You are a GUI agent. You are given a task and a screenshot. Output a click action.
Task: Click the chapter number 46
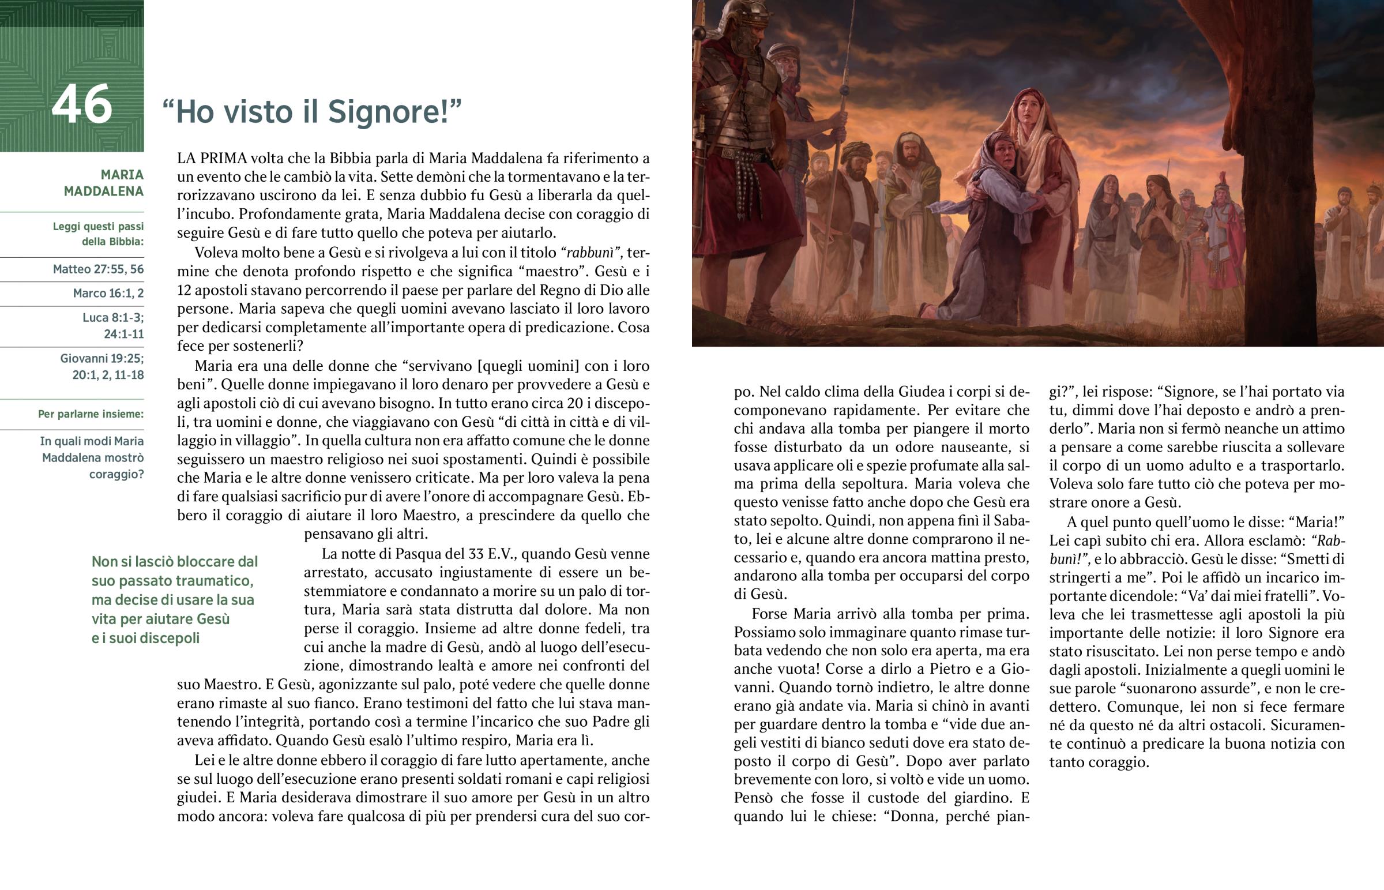coord(81,104)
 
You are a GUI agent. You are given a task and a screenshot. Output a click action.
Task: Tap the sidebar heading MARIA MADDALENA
coord(104,183)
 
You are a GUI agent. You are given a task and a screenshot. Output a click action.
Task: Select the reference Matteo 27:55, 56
coord(98,269)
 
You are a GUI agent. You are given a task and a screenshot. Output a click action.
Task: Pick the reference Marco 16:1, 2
coord(108,293)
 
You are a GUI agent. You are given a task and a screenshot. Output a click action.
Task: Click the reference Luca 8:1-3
coord(113,317)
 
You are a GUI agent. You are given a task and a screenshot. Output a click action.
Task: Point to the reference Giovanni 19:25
coord(101,358)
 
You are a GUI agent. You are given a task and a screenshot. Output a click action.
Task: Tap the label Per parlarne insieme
coord(91,414)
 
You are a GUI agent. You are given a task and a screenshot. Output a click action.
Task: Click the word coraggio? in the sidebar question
coord(116,475)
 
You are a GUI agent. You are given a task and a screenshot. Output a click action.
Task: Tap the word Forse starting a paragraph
coord(770,613)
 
